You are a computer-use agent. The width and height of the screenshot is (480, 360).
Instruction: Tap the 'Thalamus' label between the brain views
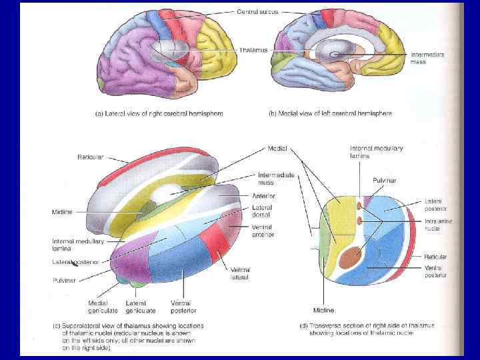click(253, 49)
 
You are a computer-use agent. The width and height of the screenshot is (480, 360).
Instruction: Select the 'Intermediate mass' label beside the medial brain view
click(427, 58)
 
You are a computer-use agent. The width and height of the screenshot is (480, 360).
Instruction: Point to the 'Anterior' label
click(263, 196)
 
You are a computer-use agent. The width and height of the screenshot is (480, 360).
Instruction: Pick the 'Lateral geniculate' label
click(141, 307)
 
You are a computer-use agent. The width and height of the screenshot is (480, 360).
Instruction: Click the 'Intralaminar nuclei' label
click(438, 225)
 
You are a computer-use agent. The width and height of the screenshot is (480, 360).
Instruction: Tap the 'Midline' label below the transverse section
click(323, 310)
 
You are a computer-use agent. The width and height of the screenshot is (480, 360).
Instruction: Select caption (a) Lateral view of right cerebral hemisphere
click(158, 113)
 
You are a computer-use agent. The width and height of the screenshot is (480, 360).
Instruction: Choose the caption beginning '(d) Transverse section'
click(371, 329)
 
